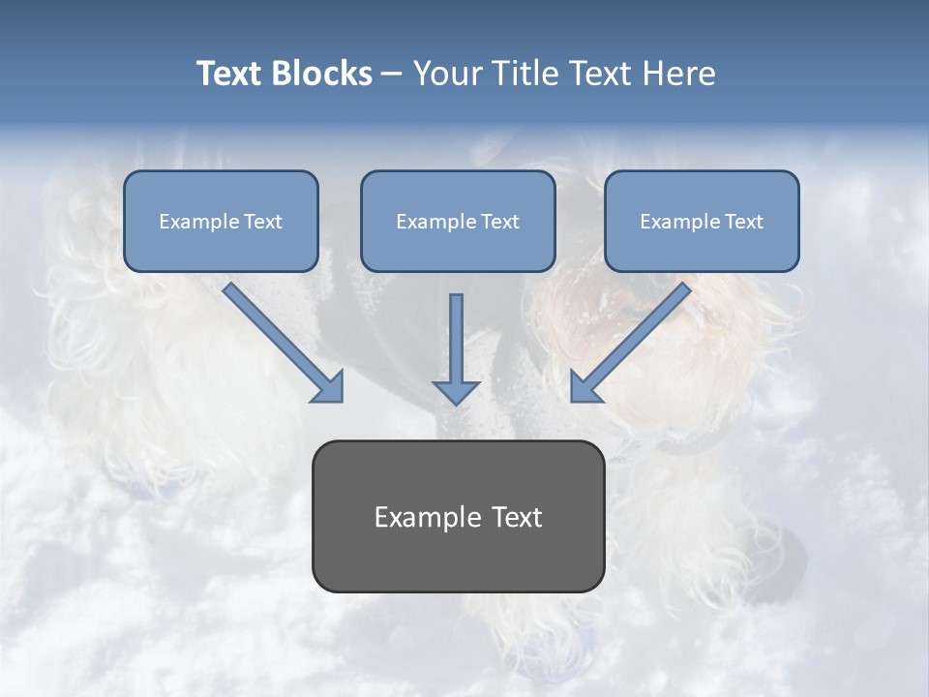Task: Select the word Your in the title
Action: pos(446,74)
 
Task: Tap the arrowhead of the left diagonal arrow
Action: pos(330,386)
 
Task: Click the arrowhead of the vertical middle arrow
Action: pos(456,391)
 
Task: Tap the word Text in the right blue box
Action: pos(743,222)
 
